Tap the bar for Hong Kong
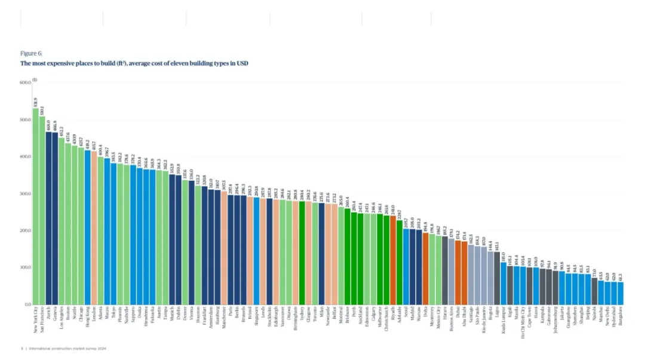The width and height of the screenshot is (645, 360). click(x=87, y=227)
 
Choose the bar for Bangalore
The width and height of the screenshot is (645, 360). click(x=621, y=293)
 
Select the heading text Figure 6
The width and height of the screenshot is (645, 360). click(x=32, y=53)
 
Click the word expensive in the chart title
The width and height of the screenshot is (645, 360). click(x=54, y=63)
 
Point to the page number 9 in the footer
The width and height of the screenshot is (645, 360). click(x=21, y=348)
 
